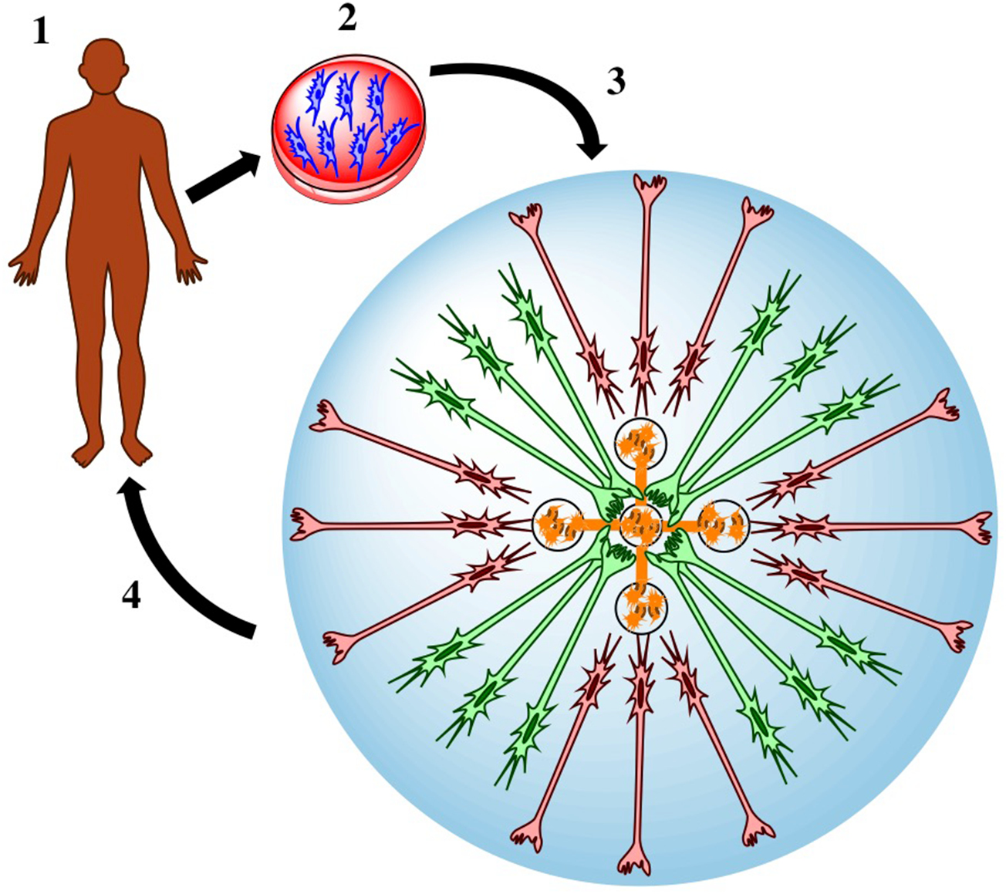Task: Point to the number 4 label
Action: tap(133, 595)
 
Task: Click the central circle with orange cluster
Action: tap(640, 525)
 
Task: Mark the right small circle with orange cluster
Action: tap(722, 523)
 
